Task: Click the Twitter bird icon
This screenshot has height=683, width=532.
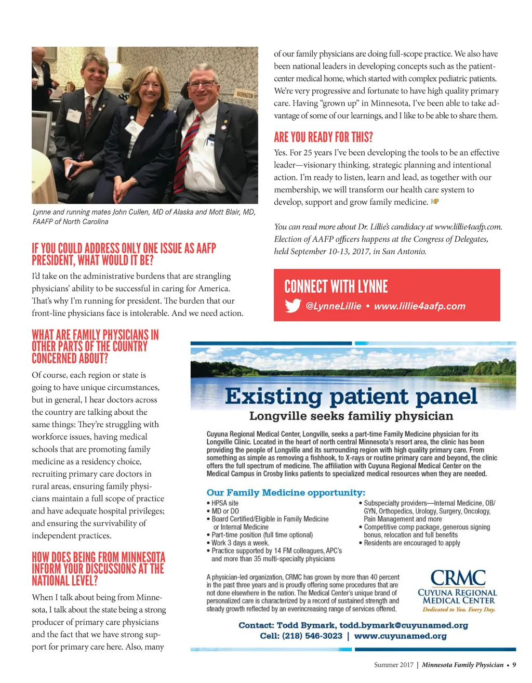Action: click(x=293, y=306)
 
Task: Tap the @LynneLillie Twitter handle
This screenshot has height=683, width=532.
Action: click(x=334, y=306)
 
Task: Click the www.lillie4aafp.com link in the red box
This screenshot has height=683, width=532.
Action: click(x=420, y=306)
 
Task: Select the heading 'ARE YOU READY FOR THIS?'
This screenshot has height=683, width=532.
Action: click(x=323, y=137)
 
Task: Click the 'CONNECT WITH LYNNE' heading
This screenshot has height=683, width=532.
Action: click(x=336, y=286)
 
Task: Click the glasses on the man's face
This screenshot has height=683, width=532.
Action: click(x=202, y=84)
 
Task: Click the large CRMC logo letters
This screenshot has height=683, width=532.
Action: click(x=458, y=578)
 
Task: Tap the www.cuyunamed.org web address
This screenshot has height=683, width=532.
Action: click(x=400, y=636)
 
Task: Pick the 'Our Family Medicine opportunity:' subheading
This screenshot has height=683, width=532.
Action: click(x=286, y=492)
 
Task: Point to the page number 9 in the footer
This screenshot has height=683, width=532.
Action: click(x=514, y=664)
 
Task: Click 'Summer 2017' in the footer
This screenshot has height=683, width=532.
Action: click(x=393, y=664)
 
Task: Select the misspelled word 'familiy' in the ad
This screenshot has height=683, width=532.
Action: click(x=373, y=416)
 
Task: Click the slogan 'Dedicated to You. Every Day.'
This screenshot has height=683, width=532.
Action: click(x=458, y=610)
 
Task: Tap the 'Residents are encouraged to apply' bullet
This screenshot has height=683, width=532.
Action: click(x=411, y=543)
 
